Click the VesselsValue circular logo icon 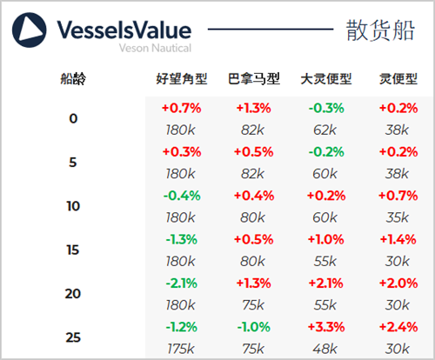point(29,30)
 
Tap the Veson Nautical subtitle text point(155,48)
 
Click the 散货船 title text point(380,30)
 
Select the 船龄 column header point(73,78)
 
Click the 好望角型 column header point(182,78)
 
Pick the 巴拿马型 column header point(254,78)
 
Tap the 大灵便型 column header point(326,78)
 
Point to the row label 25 point(73,337)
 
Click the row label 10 point(73,206)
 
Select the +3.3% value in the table point(326,327)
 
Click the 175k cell point(181,349)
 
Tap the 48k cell point(325,349)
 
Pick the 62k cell point(325,130)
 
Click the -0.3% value point(326,108)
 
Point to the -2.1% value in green point(182,283)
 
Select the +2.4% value point(398,327)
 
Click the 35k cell point(398,217)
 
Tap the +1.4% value point(398,239)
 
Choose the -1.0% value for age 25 point(254,327)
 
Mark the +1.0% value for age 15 point(326,239)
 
